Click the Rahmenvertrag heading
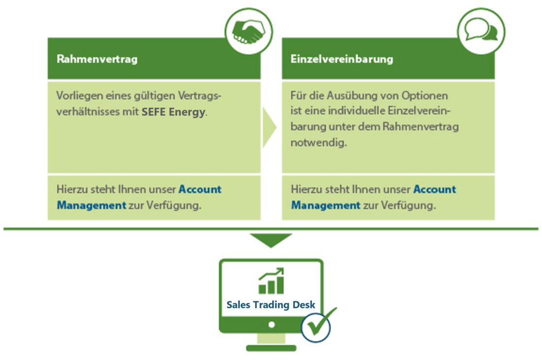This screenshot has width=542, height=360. pyautogui.click(x=97, y=59)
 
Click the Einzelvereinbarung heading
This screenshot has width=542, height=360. pyautogui.click(x=341, y=59)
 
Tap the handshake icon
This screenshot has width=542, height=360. pyautogui.click(x=248, y=32)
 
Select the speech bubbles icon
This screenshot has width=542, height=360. pyautogui.click(x=481, y=30)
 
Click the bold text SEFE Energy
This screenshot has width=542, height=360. pyautogui.click(x=173, y=112)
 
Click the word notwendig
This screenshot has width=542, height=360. pyautogui.click(x=318, y=142)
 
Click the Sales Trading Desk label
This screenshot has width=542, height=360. pyautogui.click(x=271, y=305)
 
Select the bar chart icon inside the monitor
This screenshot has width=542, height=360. pyautogui.click(x=271, y=281)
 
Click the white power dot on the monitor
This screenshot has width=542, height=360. pyautogui.click(x=271, y=325)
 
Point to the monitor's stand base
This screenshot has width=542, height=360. pyautogui.click(x=271, y=348)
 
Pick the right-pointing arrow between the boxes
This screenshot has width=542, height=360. pyautogui.click(x=269, y=127)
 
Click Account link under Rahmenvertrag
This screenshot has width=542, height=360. pyautogui.click(x=200, y=189)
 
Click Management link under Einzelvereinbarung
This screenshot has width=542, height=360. pyautogui.click(x=326, y=205)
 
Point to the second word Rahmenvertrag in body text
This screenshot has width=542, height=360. pyautogui.click(x=421, y=127)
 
